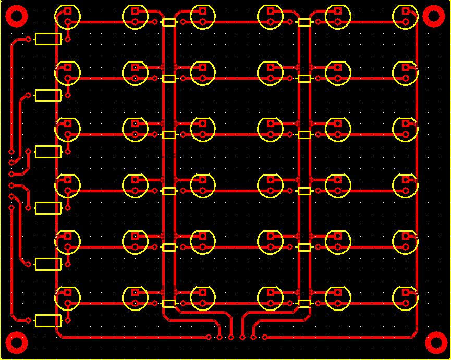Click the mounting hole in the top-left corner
tap(16, 16)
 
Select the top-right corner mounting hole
tap(434, 16)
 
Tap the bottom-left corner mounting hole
tap(16, 343)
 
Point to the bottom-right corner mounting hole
tap(435, 343)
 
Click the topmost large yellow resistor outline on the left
tap(48, 39)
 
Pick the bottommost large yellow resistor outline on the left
tap(48, 320)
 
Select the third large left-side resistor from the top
tap(48, 152)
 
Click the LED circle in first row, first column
tap(68, 16)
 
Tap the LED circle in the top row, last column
tap(405, 16)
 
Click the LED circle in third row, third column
tap(203, 129)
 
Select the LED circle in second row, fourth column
tap(271, 72)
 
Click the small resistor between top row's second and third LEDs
tap(169, 22)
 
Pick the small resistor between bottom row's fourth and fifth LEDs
tap(304, 303)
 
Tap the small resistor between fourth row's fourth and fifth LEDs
tap(304, 191)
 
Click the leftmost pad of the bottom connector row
tap(209, 337)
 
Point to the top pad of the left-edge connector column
tap(11, 151)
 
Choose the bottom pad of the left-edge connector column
tap(11, 208)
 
